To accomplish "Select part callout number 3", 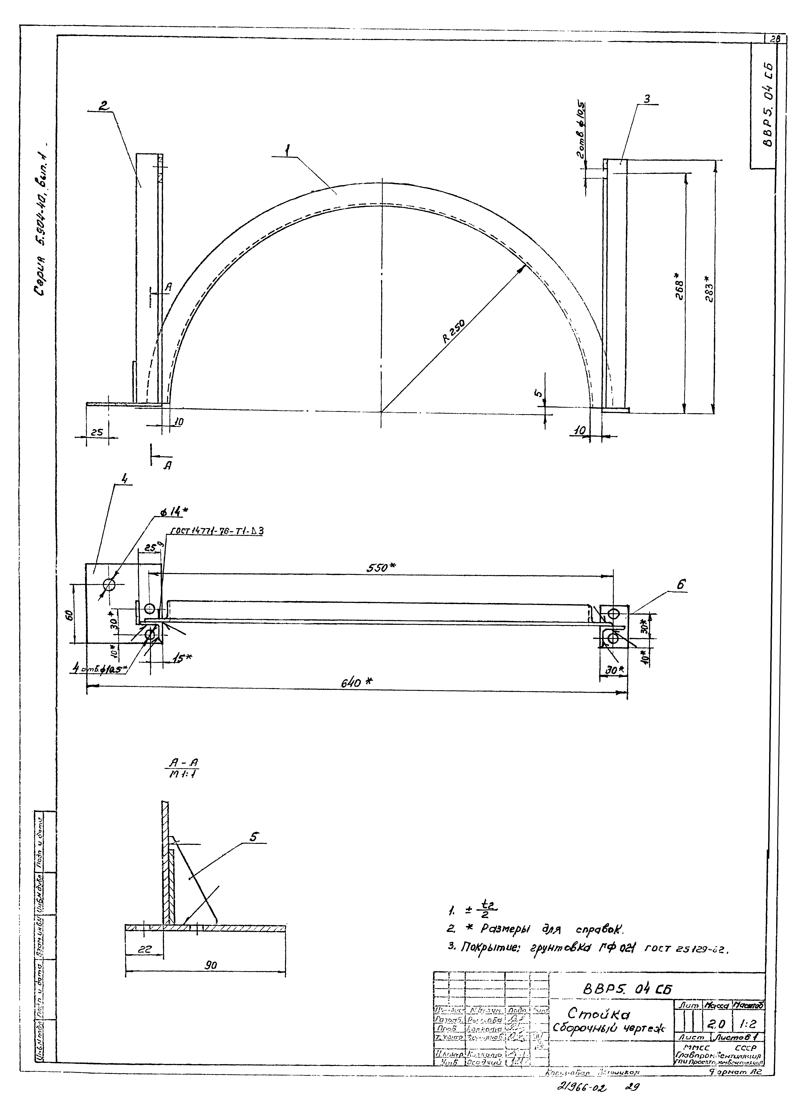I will pyautogui.click(x=647, y=99).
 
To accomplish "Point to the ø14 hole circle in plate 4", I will pyautogui.click(x=109, y=584).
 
